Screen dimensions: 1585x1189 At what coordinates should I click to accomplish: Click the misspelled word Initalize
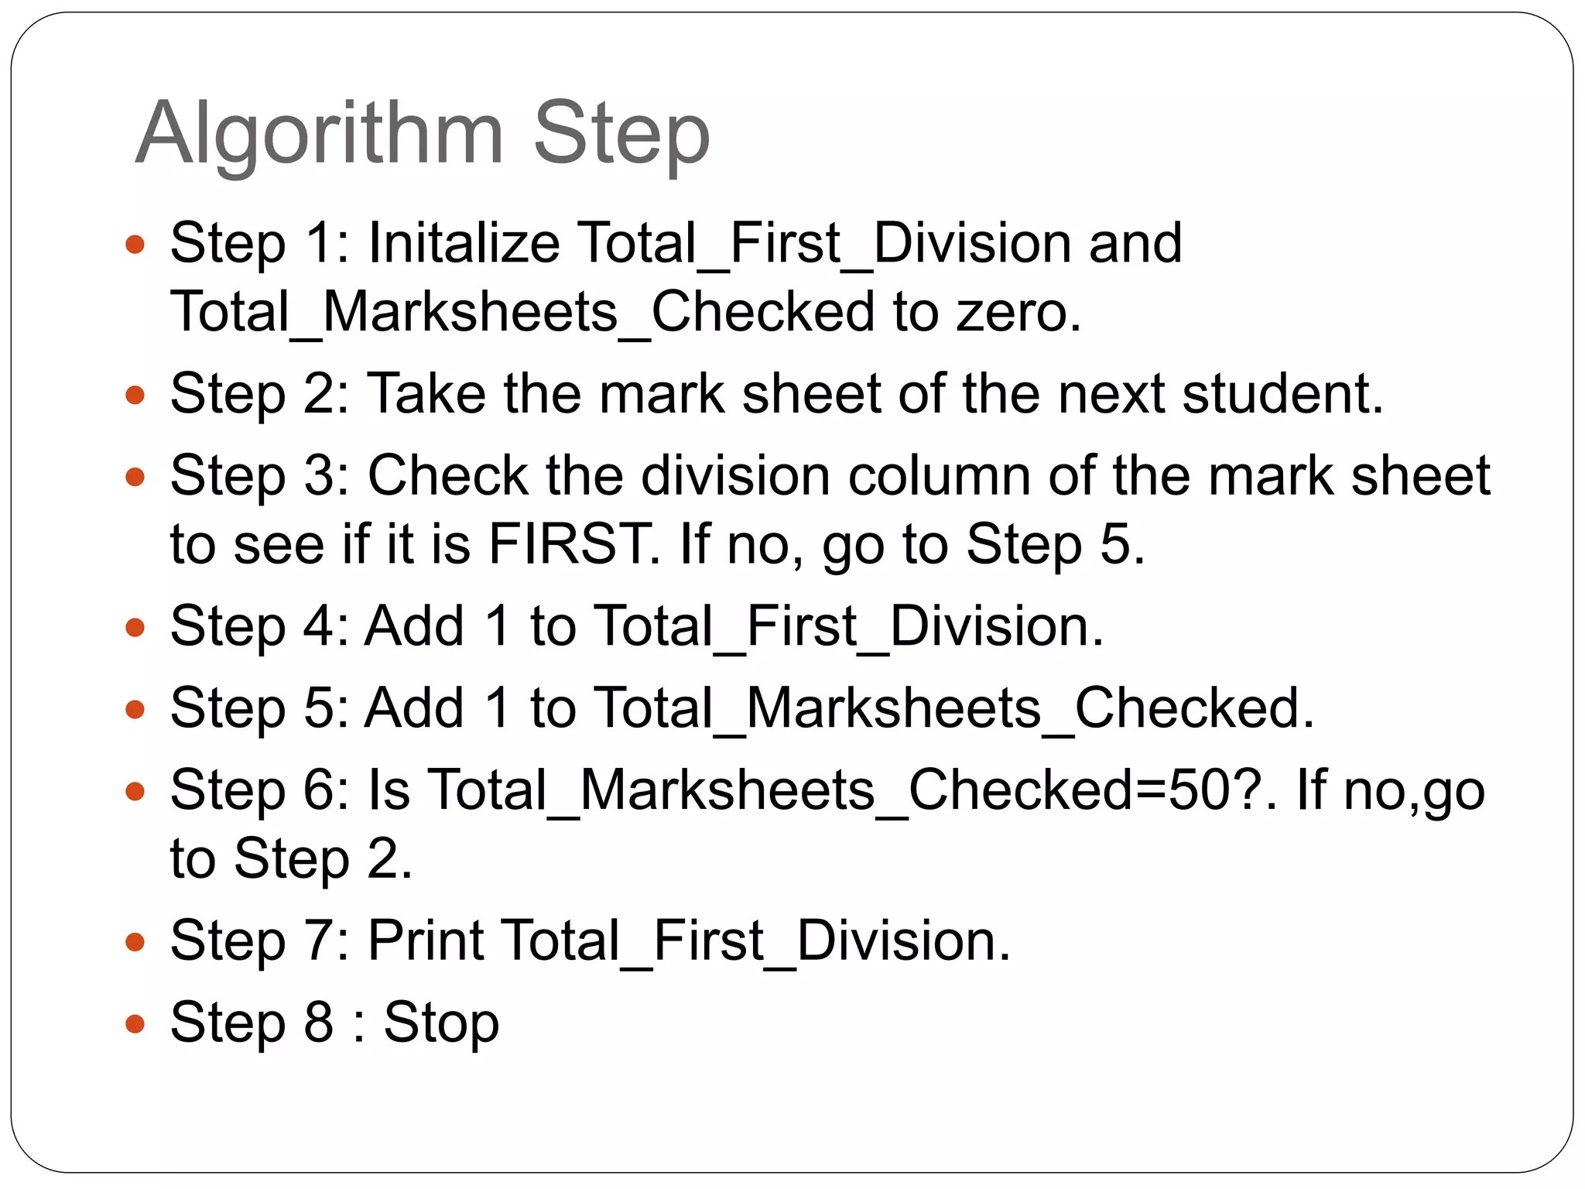tap(464, 243)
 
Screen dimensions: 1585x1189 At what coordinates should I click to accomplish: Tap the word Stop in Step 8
tap(442, 1023)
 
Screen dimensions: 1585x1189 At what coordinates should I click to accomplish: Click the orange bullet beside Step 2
tap(135, 396)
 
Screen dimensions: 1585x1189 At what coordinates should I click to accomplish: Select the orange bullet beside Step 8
tap(135, 1024)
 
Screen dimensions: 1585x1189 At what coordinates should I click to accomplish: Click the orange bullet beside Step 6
tap(135, 792)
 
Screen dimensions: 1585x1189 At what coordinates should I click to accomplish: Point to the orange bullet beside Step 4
tap(135, 627)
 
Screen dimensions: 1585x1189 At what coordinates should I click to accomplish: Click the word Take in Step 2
tap(426, 393)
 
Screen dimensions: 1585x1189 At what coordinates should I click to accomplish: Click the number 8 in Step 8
tap(319, 1022)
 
